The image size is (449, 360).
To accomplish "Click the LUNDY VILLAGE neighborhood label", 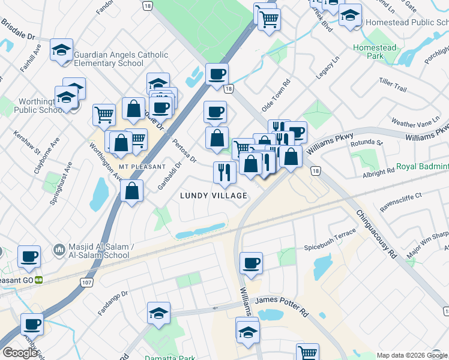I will [214, 196].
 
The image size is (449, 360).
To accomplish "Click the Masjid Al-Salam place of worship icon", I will [59, 248].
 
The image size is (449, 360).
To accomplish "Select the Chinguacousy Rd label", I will [384, 234].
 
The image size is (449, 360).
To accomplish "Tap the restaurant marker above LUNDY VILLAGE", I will [221, 173].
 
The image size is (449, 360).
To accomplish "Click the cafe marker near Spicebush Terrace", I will [251, 263].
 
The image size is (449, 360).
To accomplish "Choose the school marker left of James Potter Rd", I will [158, 313].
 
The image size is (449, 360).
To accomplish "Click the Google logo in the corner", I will [20, 353].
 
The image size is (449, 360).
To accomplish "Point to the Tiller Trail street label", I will [393, 89].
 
